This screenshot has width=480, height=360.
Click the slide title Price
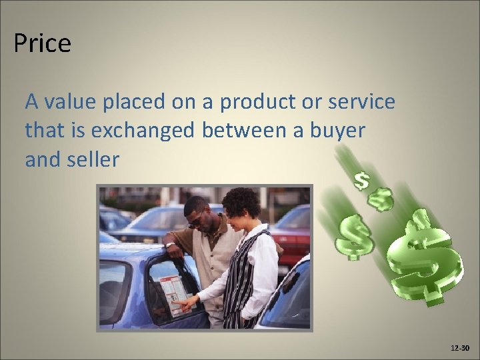coord(42,44)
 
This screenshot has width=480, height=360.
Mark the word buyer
coord(341,131)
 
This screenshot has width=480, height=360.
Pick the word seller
coord(94,160)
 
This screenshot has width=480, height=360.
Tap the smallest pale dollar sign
coord(361,180)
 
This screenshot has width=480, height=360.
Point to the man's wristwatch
coord(171,245)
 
